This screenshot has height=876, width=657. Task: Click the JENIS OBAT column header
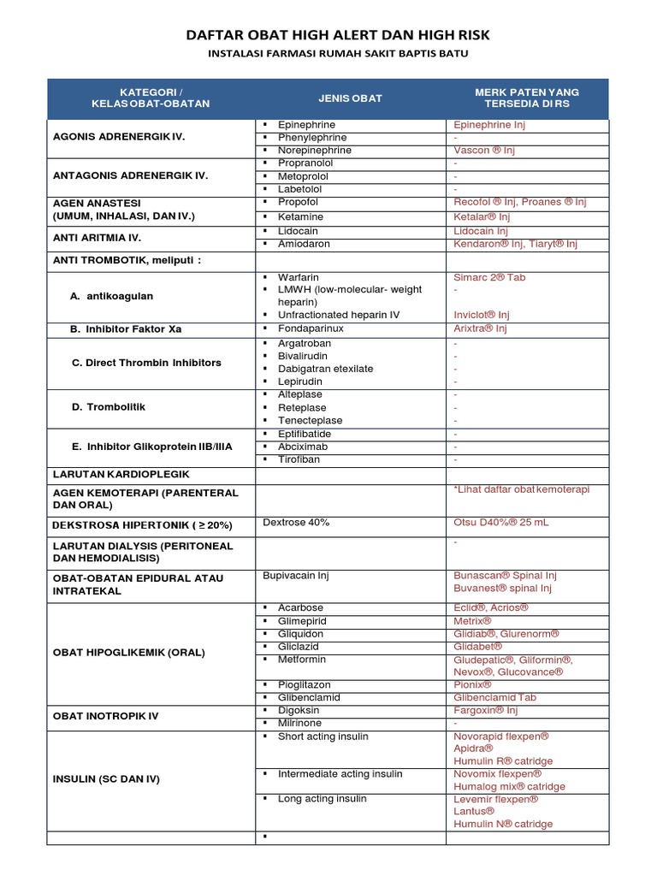click(350, 98)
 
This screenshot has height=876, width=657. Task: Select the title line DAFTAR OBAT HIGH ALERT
click(338, 34)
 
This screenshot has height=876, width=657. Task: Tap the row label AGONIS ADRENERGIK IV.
click(119, 137)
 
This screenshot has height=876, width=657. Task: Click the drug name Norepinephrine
click(315, 151)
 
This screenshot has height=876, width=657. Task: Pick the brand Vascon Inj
click(485, 151)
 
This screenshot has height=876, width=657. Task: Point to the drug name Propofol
click(298, 202)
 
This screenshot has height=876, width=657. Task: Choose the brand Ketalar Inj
click(482, 217)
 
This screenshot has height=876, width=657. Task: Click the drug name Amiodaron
click(304, 244)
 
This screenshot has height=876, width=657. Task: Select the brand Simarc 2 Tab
click(490, 278)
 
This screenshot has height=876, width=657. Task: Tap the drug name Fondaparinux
click(311, 328)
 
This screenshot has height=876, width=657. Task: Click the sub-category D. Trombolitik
click(109, 407)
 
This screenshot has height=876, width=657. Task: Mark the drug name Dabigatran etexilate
click(325, 369)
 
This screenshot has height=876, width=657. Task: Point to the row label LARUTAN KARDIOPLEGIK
click(121, 474)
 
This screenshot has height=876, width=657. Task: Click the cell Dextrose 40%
click(296, 522)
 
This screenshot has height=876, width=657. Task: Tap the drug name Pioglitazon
click(304, 685)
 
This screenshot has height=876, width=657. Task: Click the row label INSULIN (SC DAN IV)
click(106, 779)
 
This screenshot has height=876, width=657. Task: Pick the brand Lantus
click(474, 811)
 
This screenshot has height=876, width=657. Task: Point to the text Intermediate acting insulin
click(340, 774)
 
